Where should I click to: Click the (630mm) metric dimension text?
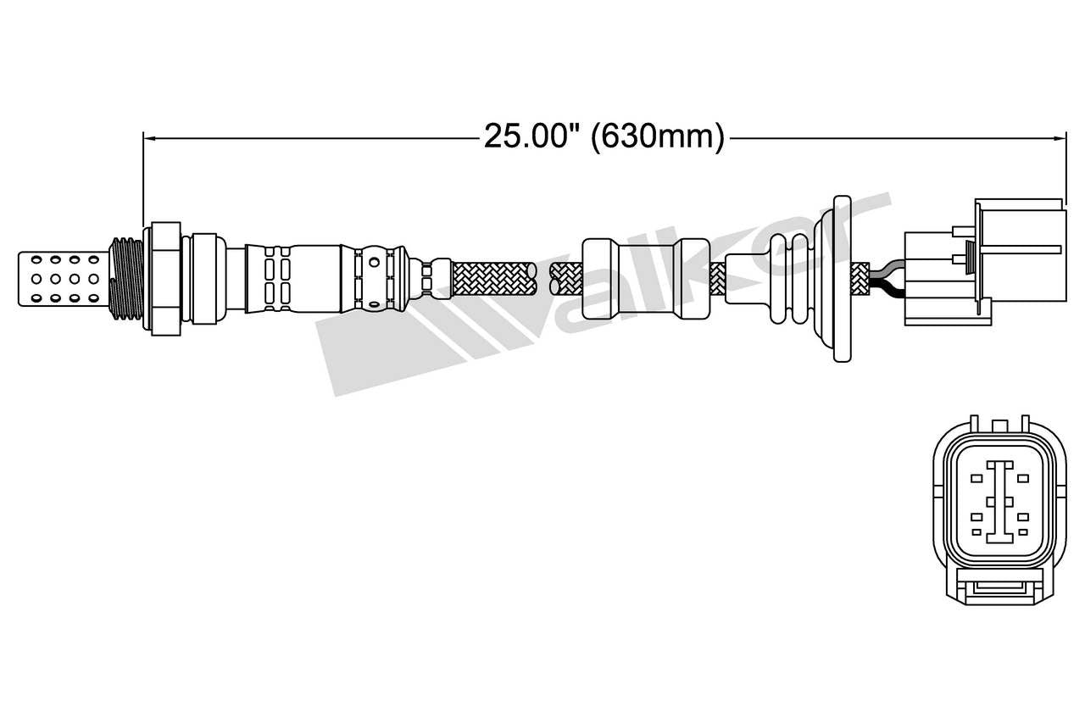pos(658,136)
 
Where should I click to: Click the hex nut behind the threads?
pos(165,278)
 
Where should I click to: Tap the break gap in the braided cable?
pos(542,278)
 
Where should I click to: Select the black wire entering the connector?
pos(887,291)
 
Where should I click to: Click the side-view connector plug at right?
pos(983,263)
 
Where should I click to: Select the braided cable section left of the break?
pos(492,278)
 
